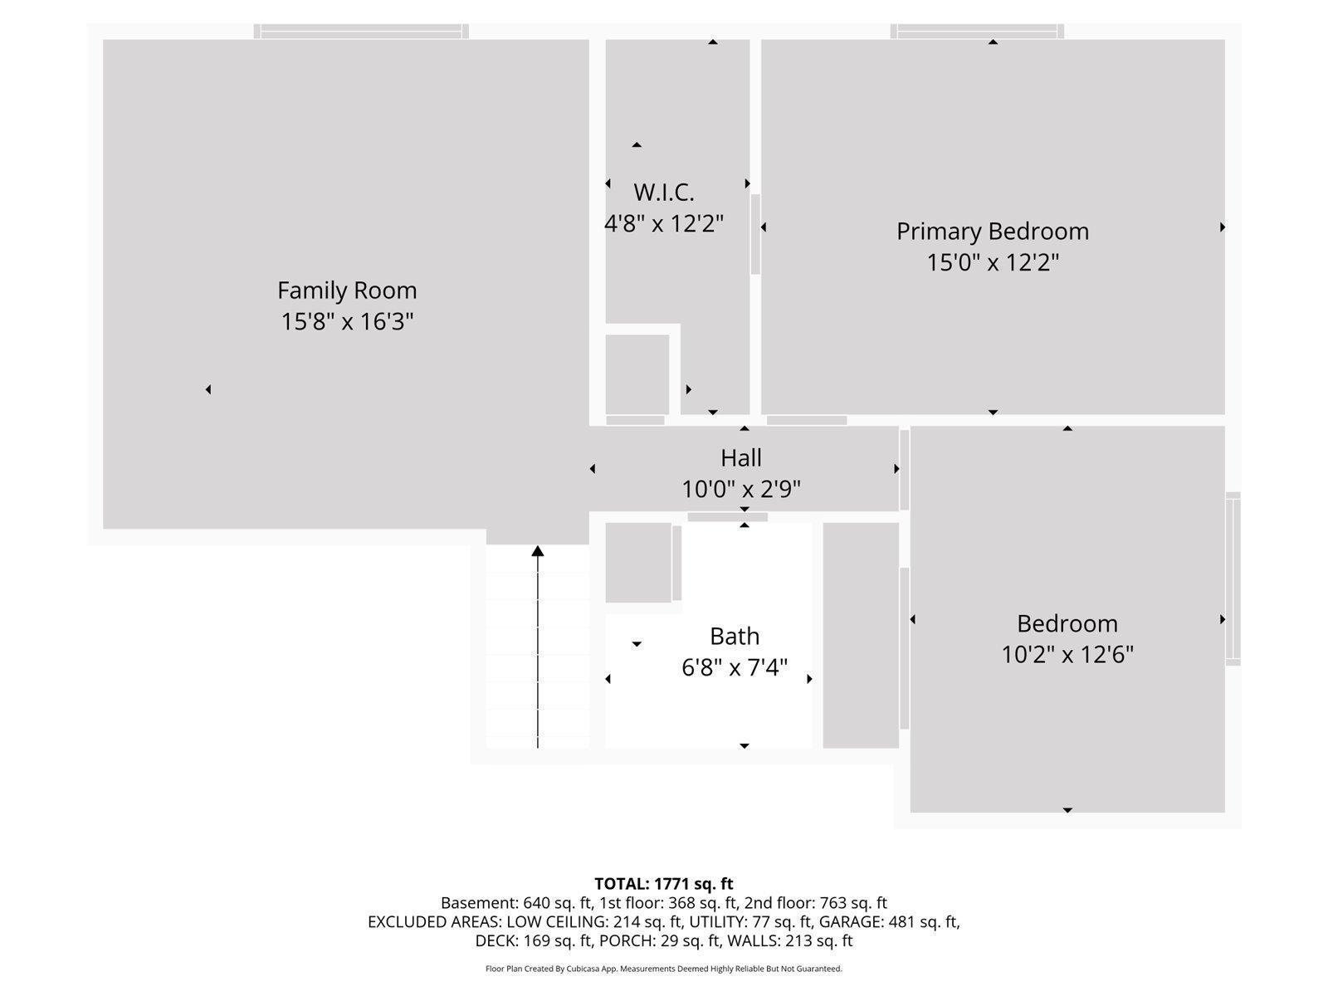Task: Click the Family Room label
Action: click(347, 290)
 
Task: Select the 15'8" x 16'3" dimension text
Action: click(347, 321)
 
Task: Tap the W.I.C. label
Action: click(663, 193)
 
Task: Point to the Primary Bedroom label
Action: click(992, 232)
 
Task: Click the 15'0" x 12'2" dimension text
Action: click(992, 263)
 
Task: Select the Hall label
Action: click(740, 458)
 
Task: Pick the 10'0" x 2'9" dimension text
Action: click(740, 490)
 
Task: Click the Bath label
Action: click(734, 637)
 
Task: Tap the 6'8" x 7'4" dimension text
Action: click(734, 667)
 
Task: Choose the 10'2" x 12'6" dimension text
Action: click(1067, 655)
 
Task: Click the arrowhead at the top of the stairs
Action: click(538, 551)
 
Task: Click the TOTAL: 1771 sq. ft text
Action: click(663, 884)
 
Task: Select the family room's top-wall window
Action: click(361, 32)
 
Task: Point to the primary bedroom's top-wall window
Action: click(977, 32)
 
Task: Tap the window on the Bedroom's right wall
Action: click(1233, 579)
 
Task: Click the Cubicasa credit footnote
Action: click(663, 969)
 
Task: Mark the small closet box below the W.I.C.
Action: click(637, 374)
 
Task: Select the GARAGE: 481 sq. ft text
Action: click(887, 922)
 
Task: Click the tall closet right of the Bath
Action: click(861, 635)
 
